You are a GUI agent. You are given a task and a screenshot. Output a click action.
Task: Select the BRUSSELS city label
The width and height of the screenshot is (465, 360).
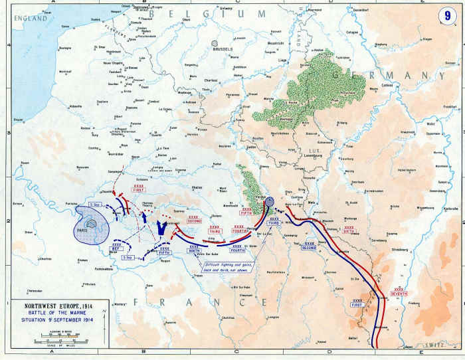click(x=224, y=49)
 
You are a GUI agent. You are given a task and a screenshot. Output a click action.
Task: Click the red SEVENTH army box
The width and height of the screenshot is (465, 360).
click(x=399, y=292)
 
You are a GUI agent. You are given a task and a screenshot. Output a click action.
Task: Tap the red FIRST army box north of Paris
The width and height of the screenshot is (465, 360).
click(x=138, y=188)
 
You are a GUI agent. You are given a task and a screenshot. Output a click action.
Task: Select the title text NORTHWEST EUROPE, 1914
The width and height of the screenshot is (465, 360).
click(x=50, y=308)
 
